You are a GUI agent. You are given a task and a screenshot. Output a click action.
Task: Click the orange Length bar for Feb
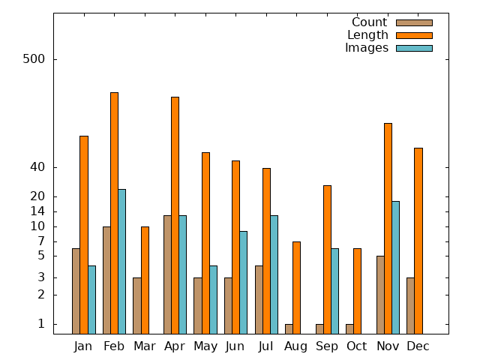pos(114,213)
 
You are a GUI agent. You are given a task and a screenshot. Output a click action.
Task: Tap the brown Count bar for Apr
pos(167,274)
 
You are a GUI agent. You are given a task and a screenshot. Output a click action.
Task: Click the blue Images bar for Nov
pos(395,267)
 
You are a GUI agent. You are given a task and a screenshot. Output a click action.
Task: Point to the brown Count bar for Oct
pos(349,328)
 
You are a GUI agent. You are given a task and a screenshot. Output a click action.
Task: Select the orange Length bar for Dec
pos(418,241)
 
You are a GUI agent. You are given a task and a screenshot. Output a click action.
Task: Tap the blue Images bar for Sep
pos(334,291)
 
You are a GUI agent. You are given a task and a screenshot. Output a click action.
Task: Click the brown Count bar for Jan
pos(76,291)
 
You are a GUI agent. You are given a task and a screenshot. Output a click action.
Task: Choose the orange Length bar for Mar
pos(145,280)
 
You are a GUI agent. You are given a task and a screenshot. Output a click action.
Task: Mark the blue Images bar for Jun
pos(243,282)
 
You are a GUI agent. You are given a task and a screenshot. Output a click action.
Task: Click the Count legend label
pos(369,22)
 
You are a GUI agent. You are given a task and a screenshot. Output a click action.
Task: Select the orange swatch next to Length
pos(414,35)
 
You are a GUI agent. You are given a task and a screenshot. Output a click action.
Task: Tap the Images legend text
pos(367,48)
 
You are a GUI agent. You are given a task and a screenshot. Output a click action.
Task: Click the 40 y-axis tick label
pos(38,167)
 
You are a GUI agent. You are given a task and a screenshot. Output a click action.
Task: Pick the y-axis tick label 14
pos(38,211)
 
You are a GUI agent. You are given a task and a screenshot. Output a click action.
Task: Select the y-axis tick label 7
pos(42,241)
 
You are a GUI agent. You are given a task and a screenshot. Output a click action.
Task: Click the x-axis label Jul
pos(265,346)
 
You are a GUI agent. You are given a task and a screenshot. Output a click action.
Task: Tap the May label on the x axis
pos(205,346)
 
